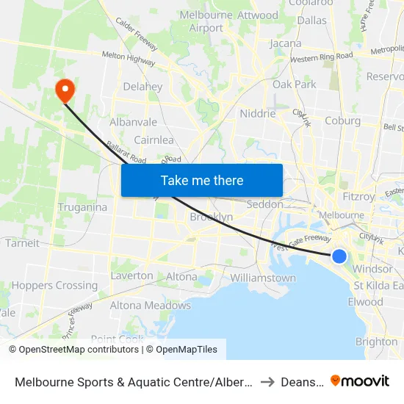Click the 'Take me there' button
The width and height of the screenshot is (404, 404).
point(202,180)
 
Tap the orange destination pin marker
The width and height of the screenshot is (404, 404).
point(65,90)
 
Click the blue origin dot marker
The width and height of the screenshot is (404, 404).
point(339,256)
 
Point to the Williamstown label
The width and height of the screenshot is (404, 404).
point(263,278)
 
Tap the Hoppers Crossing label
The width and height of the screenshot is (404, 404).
point(54,286)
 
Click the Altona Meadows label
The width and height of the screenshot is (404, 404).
point(150,306)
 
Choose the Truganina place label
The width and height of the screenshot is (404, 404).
point(82,207)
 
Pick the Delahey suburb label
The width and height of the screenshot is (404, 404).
point(143,87)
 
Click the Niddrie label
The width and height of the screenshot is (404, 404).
point(258,114)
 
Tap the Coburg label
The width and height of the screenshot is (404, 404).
point(342,120)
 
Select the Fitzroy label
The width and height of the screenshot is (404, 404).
point(358,196)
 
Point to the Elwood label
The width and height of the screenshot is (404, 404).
point(366,302)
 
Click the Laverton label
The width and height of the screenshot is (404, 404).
point(132,276)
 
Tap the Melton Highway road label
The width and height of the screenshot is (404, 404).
point(129,58)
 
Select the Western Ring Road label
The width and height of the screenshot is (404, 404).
point(322,57)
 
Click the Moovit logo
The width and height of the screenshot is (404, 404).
point(360,380)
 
